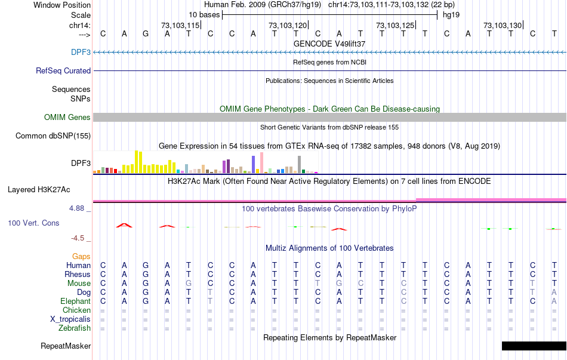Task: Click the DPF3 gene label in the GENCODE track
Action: click(x=81, y=53)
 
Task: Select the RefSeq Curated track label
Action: click(x=63, y=70)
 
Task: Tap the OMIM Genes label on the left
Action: click(x=67, y=117)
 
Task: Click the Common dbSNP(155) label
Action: click(x=53, y=136)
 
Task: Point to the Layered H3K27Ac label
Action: click(x=39, y=190)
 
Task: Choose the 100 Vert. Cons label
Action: click(x=33, y=223)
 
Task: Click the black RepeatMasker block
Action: click(x=534, y=346)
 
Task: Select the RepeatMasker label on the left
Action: click(x=66, y=346)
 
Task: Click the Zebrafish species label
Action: click(x=75, y=328)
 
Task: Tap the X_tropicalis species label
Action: click(x=70, y=319)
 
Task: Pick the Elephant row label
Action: click(x=75, y=301)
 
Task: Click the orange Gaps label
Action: click(x=81, y=256)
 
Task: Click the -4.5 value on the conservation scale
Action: click(x=78, y=238)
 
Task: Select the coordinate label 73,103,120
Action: click(x=288, y=25)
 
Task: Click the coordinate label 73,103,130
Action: click(x=503, y=25)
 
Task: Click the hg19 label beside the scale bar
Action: click(x=451, y=14)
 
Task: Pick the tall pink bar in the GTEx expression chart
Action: click(x=261, y=162)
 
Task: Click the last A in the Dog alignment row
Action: click(x=554, y=292)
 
